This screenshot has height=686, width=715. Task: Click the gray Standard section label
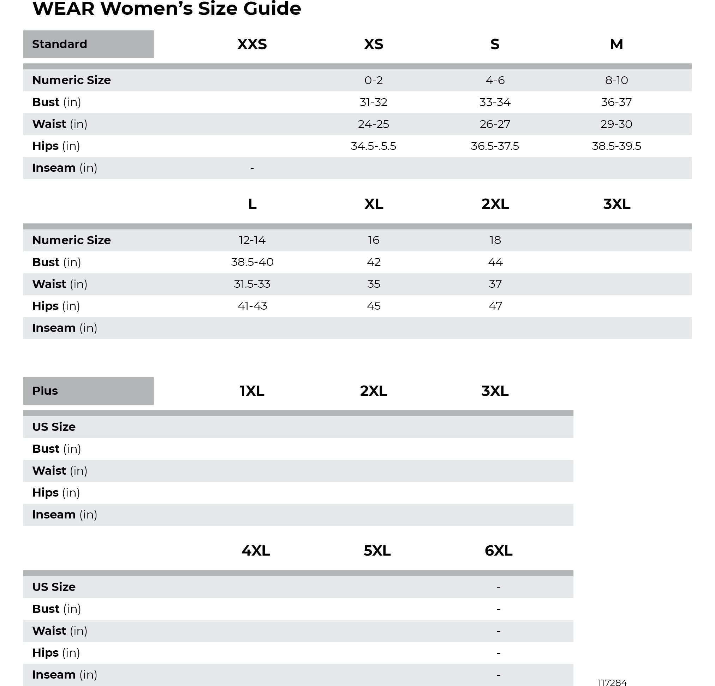pos(88,44)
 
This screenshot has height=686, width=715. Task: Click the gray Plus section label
pos(88,391)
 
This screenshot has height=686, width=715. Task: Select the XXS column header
pos(252,44)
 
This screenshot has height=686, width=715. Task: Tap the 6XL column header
pos(498,551)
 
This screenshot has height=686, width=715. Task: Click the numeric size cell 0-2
pos(373,80)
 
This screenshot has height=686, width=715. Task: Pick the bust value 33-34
pos(495,102)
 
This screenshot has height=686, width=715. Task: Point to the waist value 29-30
pos(616,124)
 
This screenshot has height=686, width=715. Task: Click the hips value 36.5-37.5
pos(495,146)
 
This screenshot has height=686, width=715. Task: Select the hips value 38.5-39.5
pos(616,146)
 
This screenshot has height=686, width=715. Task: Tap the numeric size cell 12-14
pos(252,240)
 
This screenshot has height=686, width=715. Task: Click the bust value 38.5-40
pos(252,262)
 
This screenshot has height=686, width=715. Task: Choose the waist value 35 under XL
pos(373,284)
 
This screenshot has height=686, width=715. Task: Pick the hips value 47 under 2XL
pos(495,306)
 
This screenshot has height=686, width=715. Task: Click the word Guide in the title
pos(272,8)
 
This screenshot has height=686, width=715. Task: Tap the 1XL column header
pos(252,391)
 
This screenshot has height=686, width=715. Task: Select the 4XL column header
pos(255,551)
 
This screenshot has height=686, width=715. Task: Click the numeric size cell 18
pos(495,240)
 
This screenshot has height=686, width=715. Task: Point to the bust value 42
pos(373,262)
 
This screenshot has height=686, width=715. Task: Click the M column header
pos(616,44)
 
